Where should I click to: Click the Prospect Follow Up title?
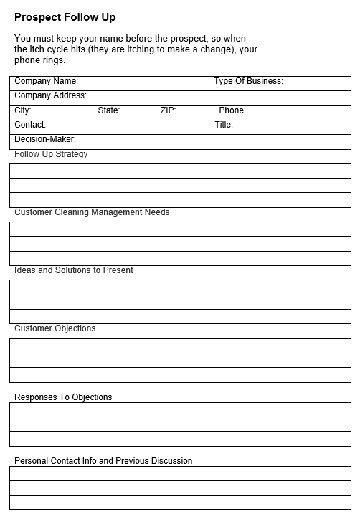point(65,17)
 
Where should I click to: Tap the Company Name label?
point(46,82)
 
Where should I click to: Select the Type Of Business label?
point(248,82)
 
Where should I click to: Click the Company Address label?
point(50,96)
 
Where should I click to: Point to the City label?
point(23,110)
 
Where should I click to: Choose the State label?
point(109,110)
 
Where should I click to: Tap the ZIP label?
point(168,110)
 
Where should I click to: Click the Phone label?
point(232,110)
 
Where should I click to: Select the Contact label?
point(30,125)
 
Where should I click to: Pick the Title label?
point(224,125)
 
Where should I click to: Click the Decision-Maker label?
point(45,139)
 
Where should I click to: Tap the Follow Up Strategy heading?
point(51,154)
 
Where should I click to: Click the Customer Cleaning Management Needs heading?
point(92,212)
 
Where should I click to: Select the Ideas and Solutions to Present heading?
point(74,270)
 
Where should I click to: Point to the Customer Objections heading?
point(55,328)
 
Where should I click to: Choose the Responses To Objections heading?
point(63,397)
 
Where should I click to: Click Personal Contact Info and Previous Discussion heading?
point(103,461)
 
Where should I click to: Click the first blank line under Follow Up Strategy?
point(180,171)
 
